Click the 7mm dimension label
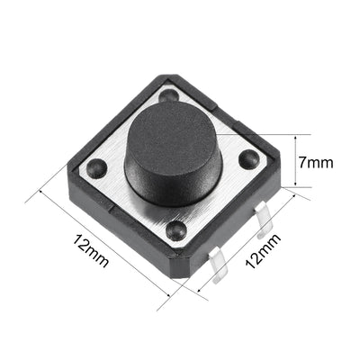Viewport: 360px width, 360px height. click(x=317, y=162)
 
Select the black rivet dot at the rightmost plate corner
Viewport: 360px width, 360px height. click(x=246, y=158)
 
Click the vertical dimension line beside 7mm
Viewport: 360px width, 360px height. click(x=293, y=162)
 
